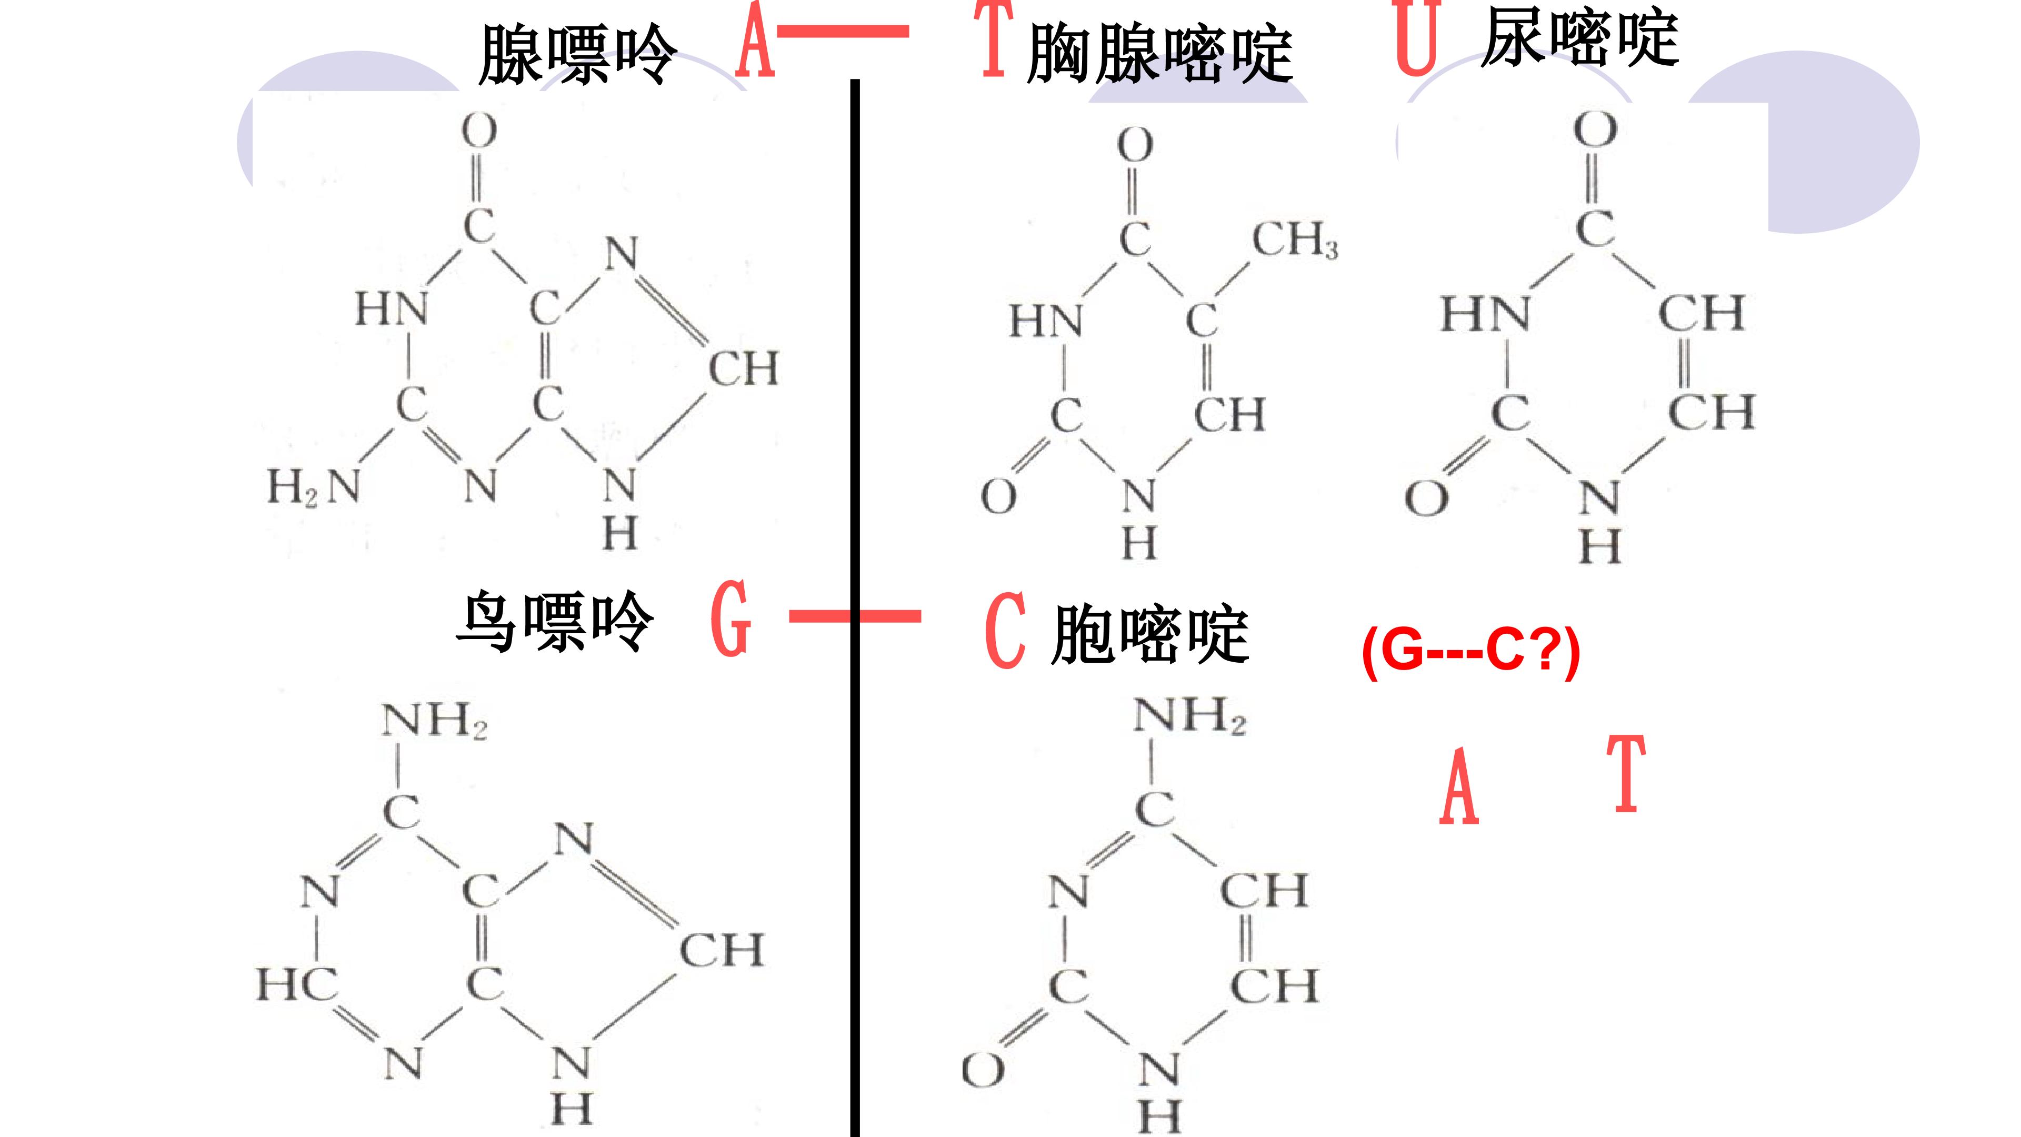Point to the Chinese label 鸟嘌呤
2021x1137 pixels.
tap(554, 622)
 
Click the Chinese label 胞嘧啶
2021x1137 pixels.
tap(1150, 634)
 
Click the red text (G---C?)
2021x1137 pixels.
tap(1471, 651)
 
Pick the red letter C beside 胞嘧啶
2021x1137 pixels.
tap(1005, 630)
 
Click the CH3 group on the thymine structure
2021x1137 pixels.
tap(1295, 240)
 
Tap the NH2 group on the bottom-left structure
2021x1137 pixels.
tap(435, 720)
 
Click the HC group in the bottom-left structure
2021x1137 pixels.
tap(296, 984)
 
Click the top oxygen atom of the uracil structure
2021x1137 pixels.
tap(1595, 130)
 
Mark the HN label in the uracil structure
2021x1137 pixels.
tap(1485, 313)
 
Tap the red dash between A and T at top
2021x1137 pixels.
tap(843, 32)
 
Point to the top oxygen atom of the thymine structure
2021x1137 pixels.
tap(1135, 145)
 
